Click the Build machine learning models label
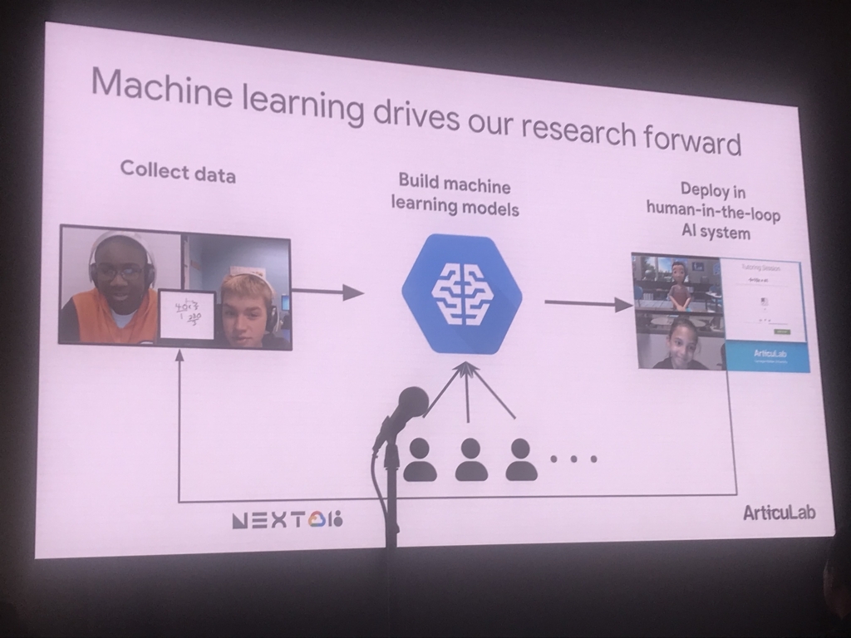click(455, 195)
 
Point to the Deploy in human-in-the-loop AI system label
click(714, 211)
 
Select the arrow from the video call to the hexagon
click(328, 292)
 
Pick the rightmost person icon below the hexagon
click(521, 460)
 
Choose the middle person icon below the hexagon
click(471, 460)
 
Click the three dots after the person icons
click(573, 458)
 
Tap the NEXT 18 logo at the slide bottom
click(288, 520)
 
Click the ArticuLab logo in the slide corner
click(779, 512)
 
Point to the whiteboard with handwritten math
click(187, 316)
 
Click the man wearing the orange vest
click(119, 291)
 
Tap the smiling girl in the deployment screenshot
click(681, 344)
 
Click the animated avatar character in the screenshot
click(680, 284)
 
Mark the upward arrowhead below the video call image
click(179, 356)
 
